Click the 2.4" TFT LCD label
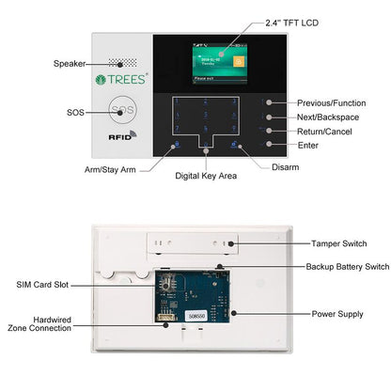273,22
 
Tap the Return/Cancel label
324,131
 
